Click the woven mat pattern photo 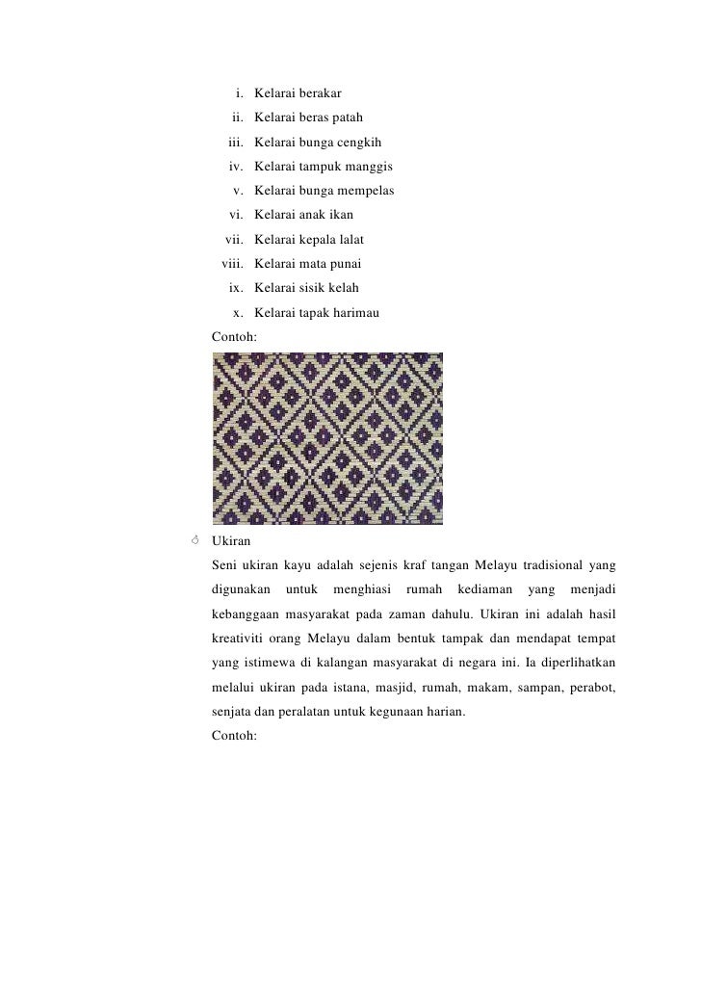point(327,438)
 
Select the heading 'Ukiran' point(232,542)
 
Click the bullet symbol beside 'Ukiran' point(195,541)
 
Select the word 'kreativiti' point(240,639)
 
